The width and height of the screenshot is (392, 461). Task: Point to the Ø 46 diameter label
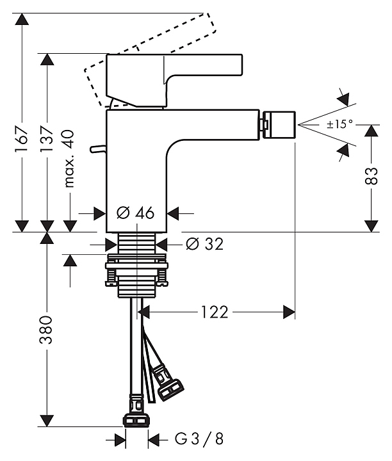point(136,213)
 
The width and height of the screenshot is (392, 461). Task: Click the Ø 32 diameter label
point(204,244)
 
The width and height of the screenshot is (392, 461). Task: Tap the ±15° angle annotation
point(339,124)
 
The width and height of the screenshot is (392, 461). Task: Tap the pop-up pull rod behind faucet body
point(98,149)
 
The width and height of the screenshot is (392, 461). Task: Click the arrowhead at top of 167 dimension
point(22,19)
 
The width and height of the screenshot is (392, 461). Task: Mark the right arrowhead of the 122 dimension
point(290,312)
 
